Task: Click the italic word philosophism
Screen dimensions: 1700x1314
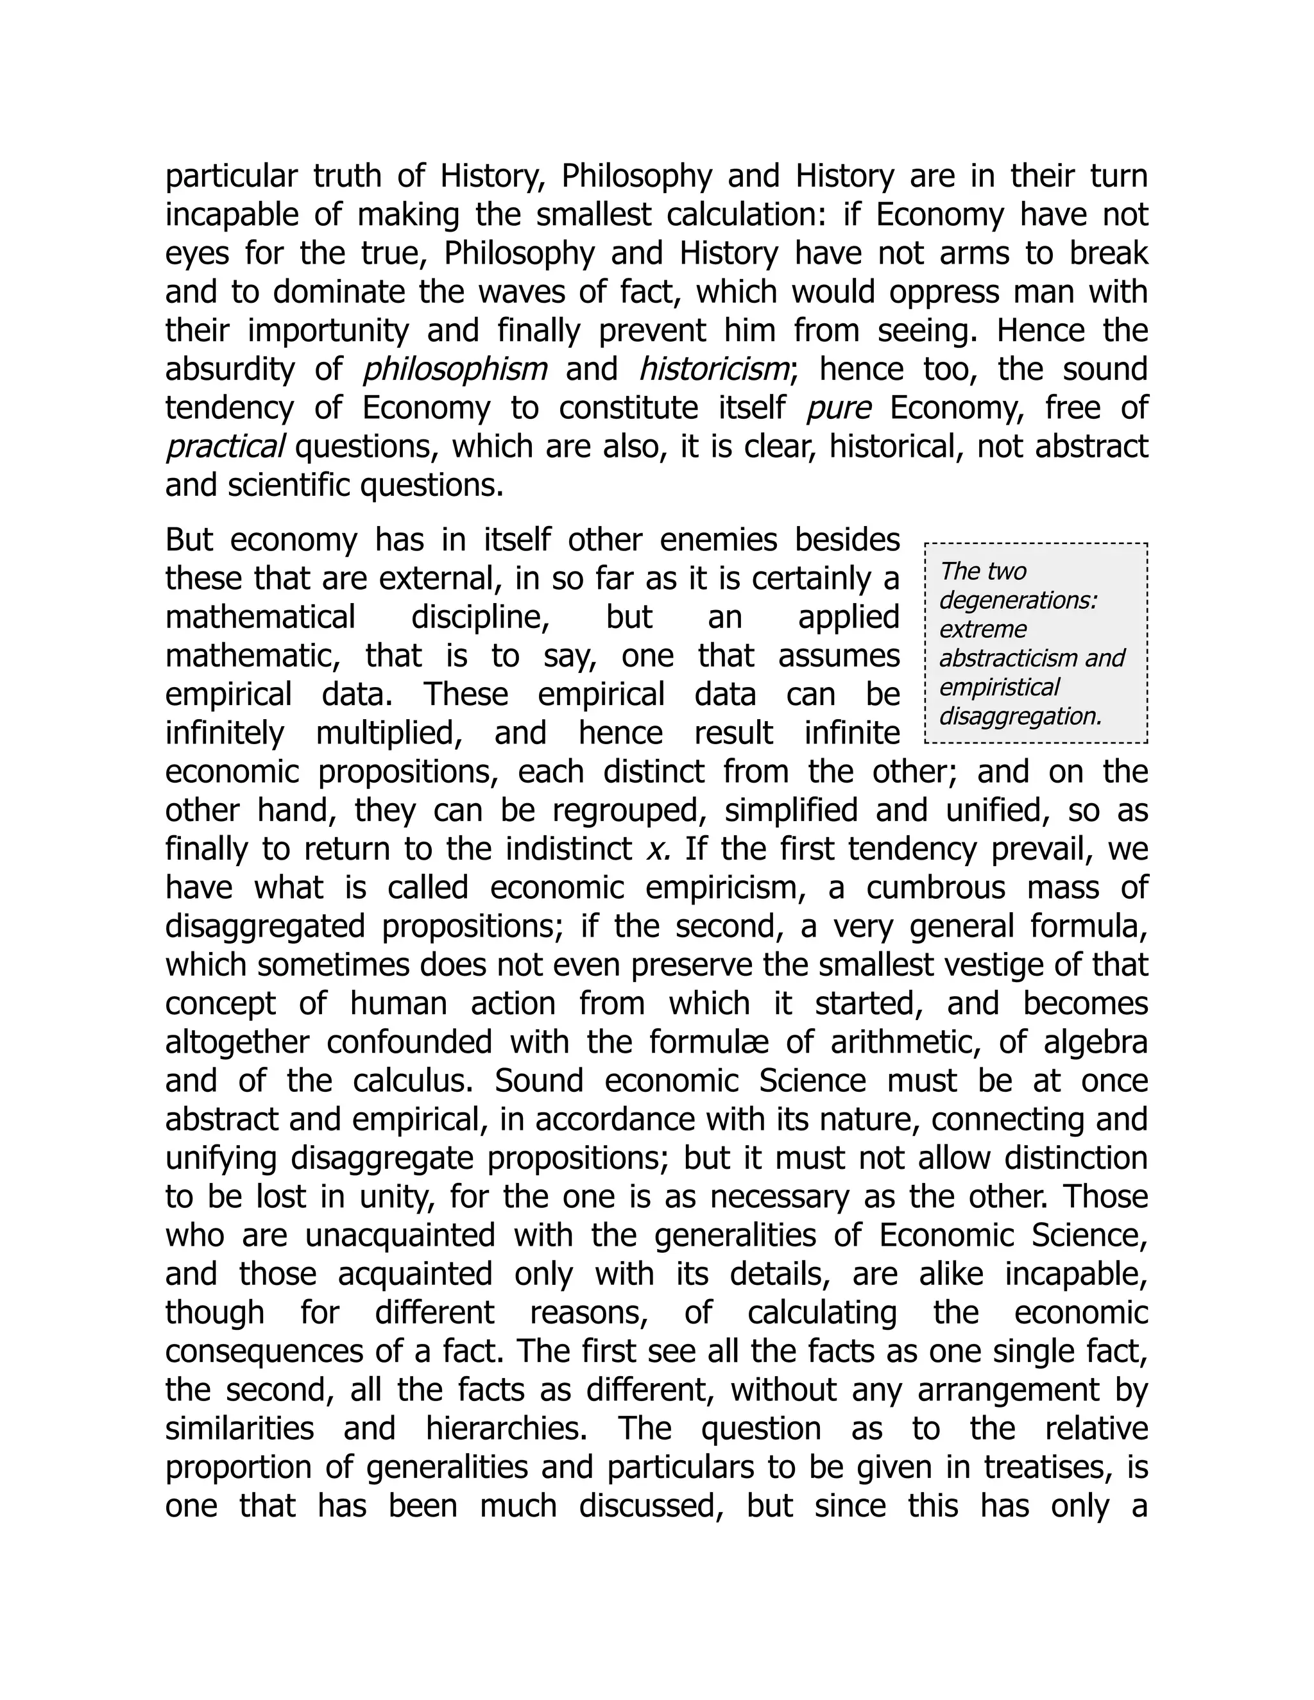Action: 456,370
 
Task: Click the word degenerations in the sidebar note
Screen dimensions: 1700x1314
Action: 1018,600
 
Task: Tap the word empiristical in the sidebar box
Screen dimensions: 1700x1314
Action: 999,686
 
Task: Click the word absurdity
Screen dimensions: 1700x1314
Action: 230,370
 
